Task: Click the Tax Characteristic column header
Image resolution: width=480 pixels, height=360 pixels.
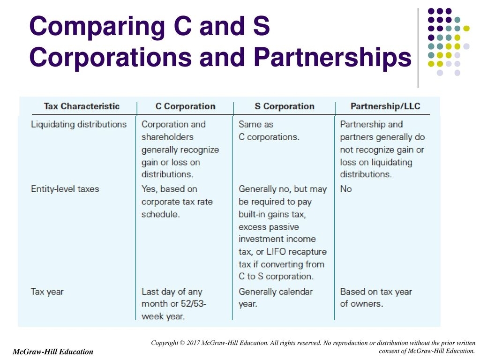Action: coord(82,106)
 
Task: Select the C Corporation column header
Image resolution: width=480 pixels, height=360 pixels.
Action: coord(185,106)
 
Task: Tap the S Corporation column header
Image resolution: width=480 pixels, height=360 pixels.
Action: coord(285,106)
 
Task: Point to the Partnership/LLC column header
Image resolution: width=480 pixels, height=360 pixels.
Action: coord(385,106)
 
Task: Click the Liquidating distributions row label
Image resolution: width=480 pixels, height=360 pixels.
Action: coord(79,124)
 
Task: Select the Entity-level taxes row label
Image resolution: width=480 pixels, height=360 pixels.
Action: coord(65,189)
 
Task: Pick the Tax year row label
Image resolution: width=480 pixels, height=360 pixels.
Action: coord(47,292)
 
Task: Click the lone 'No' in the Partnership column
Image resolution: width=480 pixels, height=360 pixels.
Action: coord(346,189)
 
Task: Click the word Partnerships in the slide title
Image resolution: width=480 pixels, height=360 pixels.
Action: coord(333,58)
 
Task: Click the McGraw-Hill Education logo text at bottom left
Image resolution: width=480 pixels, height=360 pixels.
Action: coord(53,352)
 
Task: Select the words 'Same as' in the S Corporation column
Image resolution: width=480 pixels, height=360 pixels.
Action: coord(256,124)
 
